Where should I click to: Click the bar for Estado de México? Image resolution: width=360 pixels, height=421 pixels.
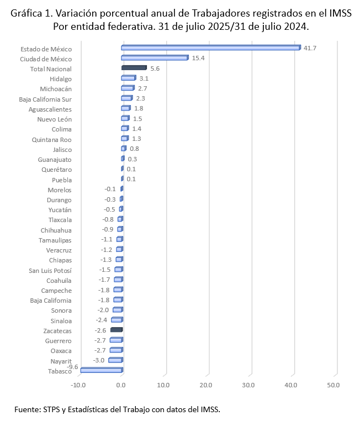pyautogui.click(x=210, y=48)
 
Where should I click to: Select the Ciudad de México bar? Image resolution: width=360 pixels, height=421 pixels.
pyautogui.click(x=155, y=57)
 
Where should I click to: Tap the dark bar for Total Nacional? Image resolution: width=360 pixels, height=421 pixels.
pyautogui.click(x=133, y=68)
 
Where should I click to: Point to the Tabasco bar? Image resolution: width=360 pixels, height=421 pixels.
pyautogui.click(x=101, y=370)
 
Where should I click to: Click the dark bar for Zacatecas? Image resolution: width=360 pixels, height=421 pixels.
pyautogui.click(x=116, y=330)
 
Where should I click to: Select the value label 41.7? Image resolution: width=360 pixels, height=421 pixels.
pyautogui.click(x=310, y=48)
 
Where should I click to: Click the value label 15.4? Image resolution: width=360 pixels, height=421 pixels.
pyautogui.click(x=198, y=58)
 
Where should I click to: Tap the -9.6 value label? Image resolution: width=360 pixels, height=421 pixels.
pyautogui.click(x=73, y=366)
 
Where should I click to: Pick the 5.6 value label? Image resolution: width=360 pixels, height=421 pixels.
pyautogui.click(x=155, y=69)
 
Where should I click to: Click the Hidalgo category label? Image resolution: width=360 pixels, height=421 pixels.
pyautogui.click(x=61, y=78)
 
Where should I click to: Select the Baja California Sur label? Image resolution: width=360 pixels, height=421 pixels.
pyautogui.click(x=45, y=99)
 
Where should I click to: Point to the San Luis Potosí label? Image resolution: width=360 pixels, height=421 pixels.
pyautogui.click(x=50, y=270)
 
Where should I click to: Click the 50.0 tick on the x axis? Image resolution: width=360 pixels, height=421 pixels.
pyautogui.click(x=333, y=385)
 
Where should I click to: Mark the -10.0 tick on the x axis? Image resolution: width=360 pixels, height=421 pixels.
pyautogui.click(x=79, y=385)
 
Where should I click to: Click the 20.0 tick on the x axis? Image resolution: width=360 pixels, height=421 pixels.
pyautogui.click(x=206, y=385)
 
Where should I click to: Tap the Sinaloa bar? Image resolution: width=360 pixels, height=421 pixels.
pyautogui.click(x=117, y=320)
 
